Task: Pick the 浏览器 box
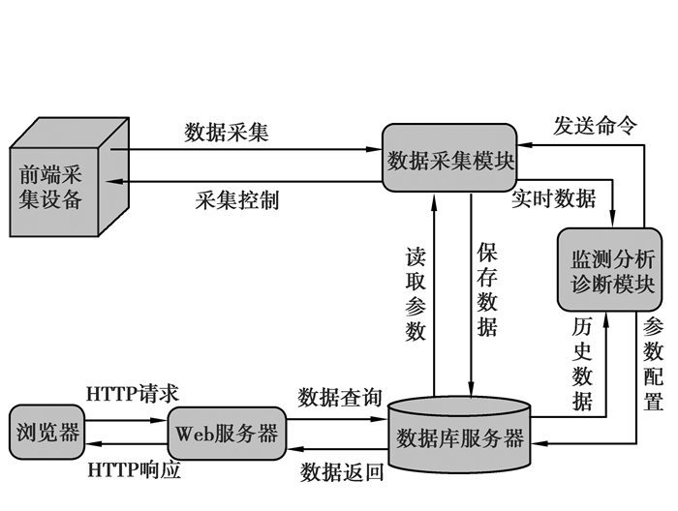tap(46, 432)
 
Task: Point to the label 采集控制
tap(236, 200)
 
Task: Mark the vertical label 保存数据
tap(487, 289)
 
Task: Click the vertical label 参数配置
tap(654, 363)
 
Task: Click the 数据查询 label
tap(340, 397)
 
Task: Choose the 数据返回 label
tap(341, 472)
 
